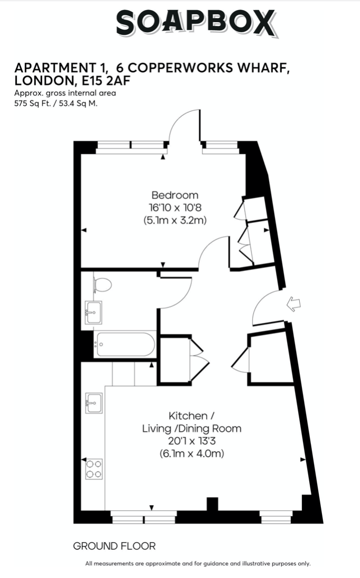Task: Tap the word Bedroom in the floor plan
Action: tap(175, 195)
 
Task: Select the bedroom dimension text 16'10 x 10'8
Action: tap(175, 208)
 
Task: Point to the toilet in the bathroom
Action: tap(102, 284)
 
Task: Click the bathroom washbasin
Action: tap(94, 313)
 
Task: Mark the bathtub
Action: tap(125, 344)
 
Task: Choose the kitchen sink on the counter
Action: tap(94, 403)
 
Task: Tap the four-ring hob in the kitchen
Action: tap(94, 469)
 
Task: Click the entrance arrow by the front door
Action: tap(293, 304)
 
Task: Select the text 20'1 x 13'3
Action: tap(192, 441)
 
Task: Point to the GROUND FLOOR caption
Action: tap(114, 546)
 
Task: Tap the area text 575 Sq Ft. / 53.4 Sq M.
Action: tap(56, 103)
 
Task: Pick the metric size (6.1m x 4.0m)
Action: tap(192, 453)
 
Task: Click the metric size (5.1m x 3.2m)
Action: tap(175, 220)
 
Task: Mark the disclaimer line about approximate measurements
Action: tap(198, 564)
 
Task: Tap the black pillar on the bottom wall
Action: tap(212, 504)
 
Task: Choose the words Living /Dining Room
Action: tap(192, 428)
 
